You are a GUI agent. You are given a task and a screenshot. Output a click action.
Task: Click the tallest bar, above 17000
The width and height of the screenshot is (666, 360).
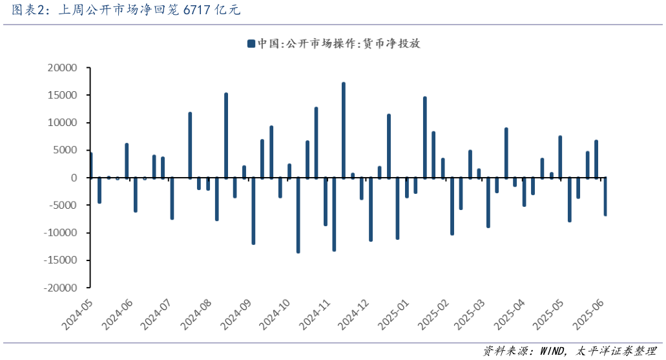pos(344,129)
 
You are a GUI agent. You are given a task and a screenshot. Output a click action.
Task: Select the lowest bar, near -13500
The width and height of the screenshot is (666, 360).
pos(298,215)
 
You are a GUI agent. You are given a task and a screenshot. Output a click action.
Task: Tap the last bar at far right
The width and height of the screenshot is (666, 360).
pos(605,196)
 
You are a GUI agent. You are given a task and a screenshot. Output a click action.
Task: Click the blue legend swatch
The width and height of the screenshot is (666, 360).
pos(251,43)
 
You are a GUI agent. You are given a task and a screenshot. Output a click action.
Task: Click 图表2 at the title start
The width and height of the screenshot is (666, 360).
pos(19,10)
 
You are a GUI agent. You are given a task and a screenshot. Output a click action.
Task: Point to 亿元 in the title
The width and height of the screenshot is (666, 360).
pos(229,10)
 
